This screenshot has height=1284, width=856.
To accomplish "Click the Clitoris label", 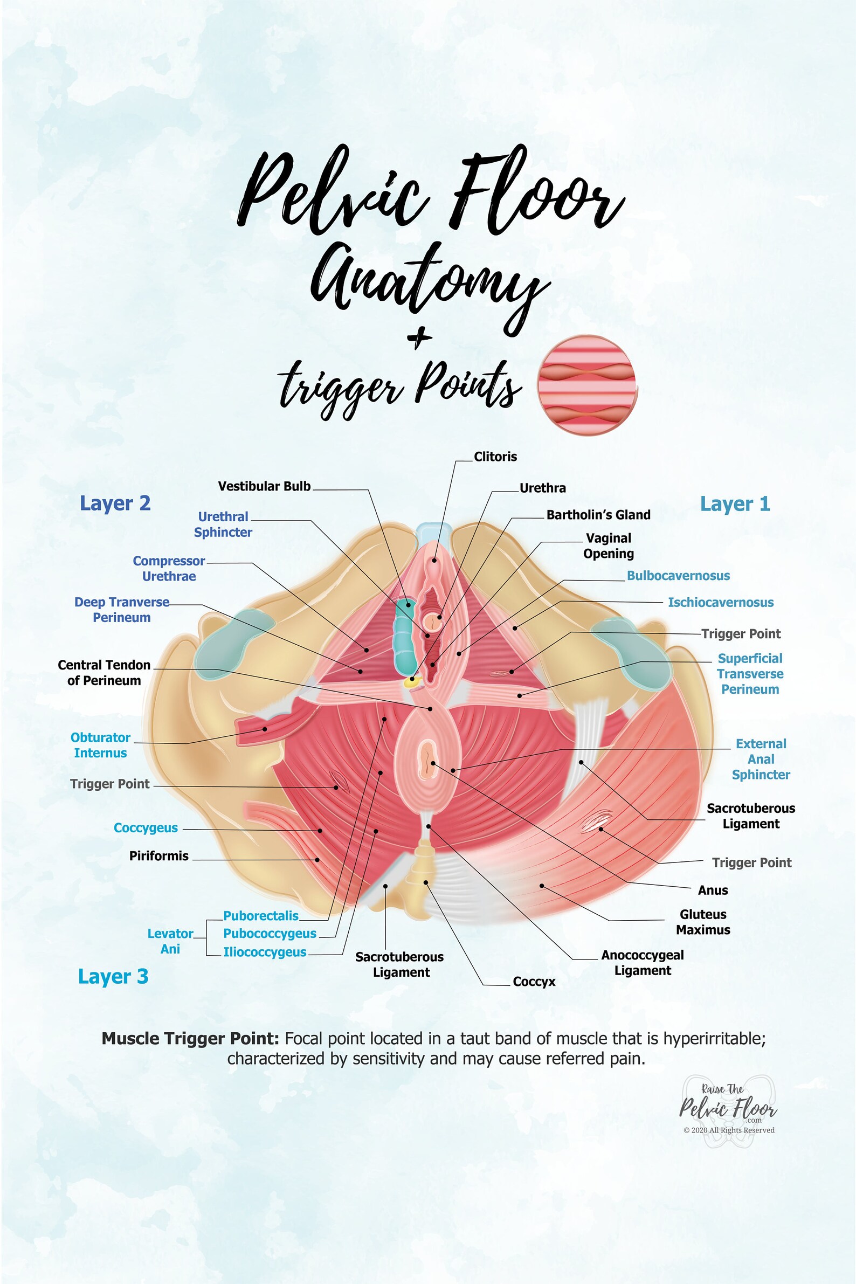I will click(x=495, y=457).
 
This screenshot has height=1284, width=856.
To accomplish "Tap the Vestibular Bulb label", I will click(x=264, y=486).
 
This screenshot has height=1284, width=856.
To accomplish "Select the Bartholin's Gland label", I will click(x=598, y=514).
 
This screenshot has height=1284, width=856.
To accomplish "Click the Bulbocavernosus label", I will click(x=678, y=575).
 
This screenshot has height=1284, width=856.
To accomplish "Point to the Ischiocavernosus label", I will click(x=721, y=602).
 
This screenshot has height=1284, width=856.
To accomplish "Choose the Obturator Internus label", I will click(x=100, y=744).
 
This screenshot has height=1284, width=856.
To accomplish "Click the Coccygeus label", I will click(x=146, y=827).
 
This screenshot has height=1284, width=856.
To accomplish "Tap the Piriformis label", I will click(x=159, y=855).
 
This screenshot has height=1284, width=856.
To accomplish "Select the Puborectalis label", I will click(x=261, y=915).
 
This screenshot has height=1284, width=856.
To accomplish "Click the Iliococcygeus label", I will click(x=265, y=951).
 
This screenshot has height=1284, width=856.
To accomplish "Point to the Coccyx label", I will click(x=534, y=981).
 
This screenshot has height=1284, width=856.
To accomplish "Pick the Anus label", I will click(x=713, y=890).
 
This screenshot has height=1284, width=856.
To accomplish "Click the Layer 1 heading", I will click(x=735, y=504).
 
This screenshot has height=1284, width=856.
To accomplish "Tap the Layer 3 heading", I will click(x=113, y=976).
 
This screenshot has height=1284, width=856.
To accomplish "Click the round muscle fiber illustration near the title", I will click(x=588, y=385).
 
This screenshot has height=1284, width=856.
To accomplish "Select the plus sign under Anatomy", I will click(x=419, y=339).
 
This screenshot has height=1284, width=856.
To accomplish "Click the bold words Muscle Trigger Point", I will click(x=190, y=1038).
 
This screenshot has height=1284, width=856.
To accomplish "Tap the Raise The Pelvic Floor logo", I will click(x=728, y=1109).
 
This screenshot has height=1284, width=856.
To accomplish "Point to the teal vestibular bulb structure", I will click(x=405, y=637).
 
